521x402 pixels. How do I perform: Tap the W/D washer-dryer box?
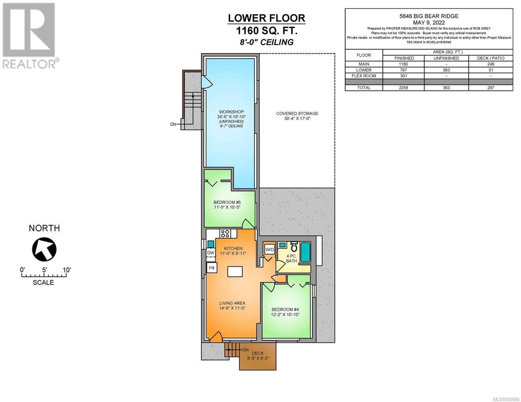pyautogui.click(x=269, y=250)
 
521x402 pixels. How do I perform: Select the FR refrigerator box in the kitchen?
pyautogui.click(x=211, y=268)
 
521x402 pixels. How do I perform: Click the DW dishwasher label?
pyautogui.click(x=211, y=253)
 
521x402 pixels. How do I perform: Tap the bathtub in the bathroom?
pyautogui.click(x=305, y=252)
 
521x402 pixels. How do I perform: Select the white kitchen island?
pyautogui.click(x=235, y=271)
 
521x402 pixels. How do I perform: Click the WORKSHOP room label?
pyautogui.click(x=231, y=112)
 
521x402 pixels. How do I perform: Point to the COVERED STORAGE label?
pyautogui.click(x=297, y=114)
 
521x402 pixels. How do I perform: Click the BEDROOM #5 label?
pyautogui.click(x=227, y=202)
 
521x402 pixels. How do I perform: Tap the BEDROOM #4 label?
pyautogui.click(x=285, y=309)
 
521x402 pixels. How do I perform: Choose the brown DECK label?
pyautogui.click(x=258, y=353)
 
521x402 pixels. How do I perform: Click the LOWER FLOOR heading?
pyautogui.click(x=266, y=18)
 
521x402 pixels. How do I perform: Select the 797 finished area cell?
pyautogui.click(x=404, y=70)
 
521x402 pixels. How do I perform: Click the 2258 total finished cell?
pyautogui.click(x=404, y=88)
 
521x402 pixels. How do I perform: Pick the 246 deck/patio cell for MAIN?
pyautogui.click(x=490, y=64)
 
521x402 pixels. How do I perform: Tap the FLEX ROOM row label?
pyautogui.click(x=364, y=76)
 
